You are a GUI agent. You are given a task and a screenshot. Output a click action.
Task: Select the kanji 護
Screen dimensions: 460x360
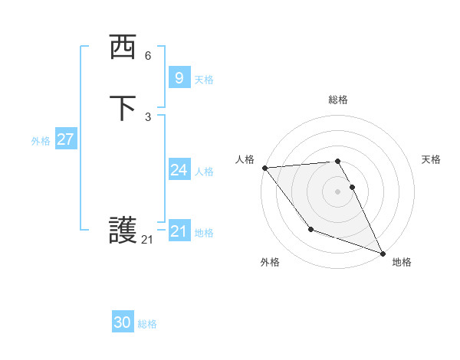point(123,231)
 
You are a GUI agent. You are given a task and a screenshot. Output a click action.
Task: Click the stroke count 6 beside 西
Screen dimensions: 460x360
point(148,56)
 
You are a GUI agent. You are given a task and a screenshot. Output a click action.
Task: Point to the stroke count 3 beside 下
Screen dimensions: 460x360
point(148,116)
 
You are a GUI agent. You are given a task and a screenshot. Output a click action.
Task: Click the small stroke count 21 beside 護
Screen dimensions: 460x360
point(147,240)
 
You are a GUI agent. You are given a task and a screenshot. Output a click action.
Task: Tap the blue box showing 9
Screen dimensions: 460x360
point(179,77)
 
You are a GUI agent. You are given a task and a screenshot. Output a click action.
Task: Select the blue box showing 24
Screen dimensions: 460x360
point(179,170)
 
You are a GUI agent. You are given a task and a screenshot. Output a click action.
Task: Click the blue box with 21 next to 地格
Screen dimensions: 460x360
point(179,231)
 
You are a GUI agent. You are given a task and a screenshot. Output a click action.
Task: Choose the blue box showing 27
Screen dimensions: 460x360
point(65,139)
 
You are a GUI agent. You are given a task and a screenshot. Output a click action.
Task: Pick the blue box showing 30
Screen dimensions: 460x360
point(122,322)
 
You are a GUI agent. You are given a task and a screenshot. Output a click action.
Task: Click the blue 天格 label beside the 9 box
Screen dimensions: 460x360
point(204,80)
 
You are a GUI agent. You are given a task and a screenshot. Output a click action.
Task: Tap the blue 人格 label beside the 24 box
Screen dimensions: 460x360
point(204,172)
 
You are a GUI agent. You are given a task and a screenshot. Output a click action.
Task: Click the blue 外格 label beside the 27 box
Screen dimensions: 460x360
point(41,141)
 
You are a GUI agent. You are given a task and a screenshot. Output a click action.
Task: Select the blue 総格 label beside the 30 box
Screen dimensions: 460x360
point(147,324)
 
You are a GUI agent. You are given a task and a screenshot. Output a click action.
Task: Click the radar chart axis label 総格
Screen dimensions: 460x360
point(337,100)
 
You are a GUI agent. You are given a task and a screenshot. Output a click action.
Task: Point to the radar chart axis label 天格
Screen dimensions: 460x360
point(431,159)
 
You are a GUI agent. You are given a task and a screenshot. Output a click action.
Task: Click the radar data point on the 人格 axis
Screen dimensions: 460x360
point(264,168)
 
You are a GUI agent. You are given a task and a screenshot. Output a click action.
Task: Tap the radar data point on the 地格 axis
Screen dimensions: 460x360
point(383,253)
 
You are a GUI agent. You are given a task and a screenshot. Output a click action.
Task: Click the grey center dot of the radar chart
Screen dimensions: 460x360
point(337,191)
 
